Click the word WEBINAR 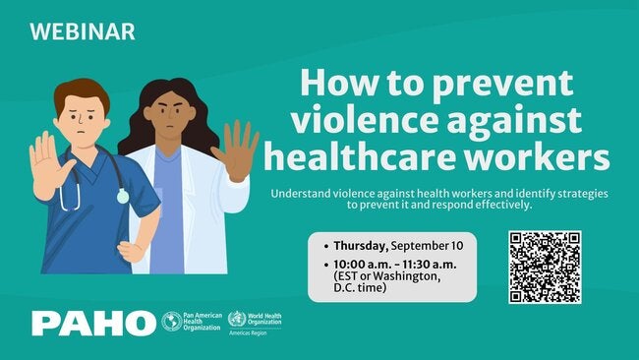[x=83, y=31]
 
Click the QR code [x=545, y=267]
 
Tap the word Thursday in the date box [x=360, y=246]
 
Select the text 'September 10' [x=427, y=246]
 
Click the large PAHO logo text [x=93, y=324]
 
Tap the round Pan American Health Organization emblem [x=172, y=322]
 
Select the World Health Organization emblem [x=237, y=319]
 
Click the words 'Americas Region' [x=248, y=333]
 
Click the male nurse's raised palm [x=48, y=165]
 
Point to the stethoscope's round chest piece [x=123, y=197]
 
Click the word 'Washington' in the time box [x=407, y=276]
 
